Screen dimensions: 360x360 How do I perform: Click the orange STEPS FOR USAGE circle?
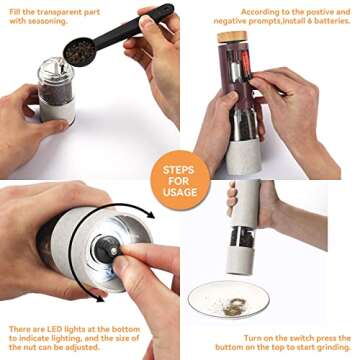tap(180, 180)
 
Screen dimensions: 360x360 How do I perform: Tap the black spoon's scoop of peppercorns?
tap(79, 52)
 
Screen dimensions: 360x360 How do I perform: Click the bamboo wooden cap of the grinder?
tap(232, 37)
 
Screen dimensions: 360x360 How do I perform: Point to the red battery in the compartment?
tap(246, 64)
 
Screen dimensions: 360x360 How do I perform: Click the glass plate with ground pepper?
tap(228, 299)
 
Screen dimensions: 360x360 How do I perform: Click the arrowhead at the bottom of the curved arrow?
tap(99, 297)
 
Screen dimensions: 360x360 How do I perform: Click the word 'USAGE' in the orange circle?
tap(180, 192)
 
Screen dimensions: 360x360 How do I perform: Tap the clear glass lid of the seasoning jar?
tap(56, 71)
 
